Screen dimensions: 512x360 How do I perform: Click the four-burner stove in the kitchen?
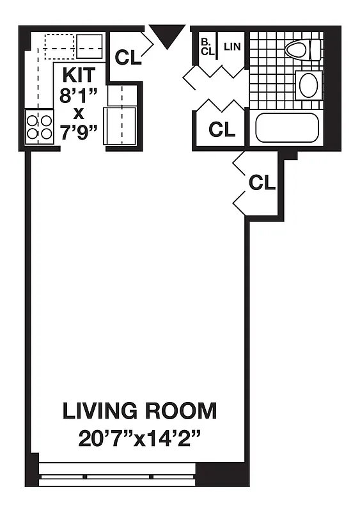tap(39, 126)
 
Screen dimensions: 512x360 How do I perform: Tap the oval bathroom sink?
tap(308, 84)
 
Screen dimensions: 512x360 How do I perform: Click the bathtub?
tap(286, 128)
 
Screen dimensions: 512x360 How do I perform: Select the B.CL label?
tap(206, 47)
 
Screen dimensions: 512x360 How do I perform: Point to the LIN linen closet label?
tap(232, 47)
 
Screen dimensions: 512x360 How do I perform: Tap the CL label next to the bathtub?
tap(222, 129)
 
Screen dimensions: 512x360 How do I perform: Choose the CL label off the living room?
tap(262, 183)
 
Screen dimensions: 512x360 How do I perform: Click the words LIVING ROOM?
tap(139, 411)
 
